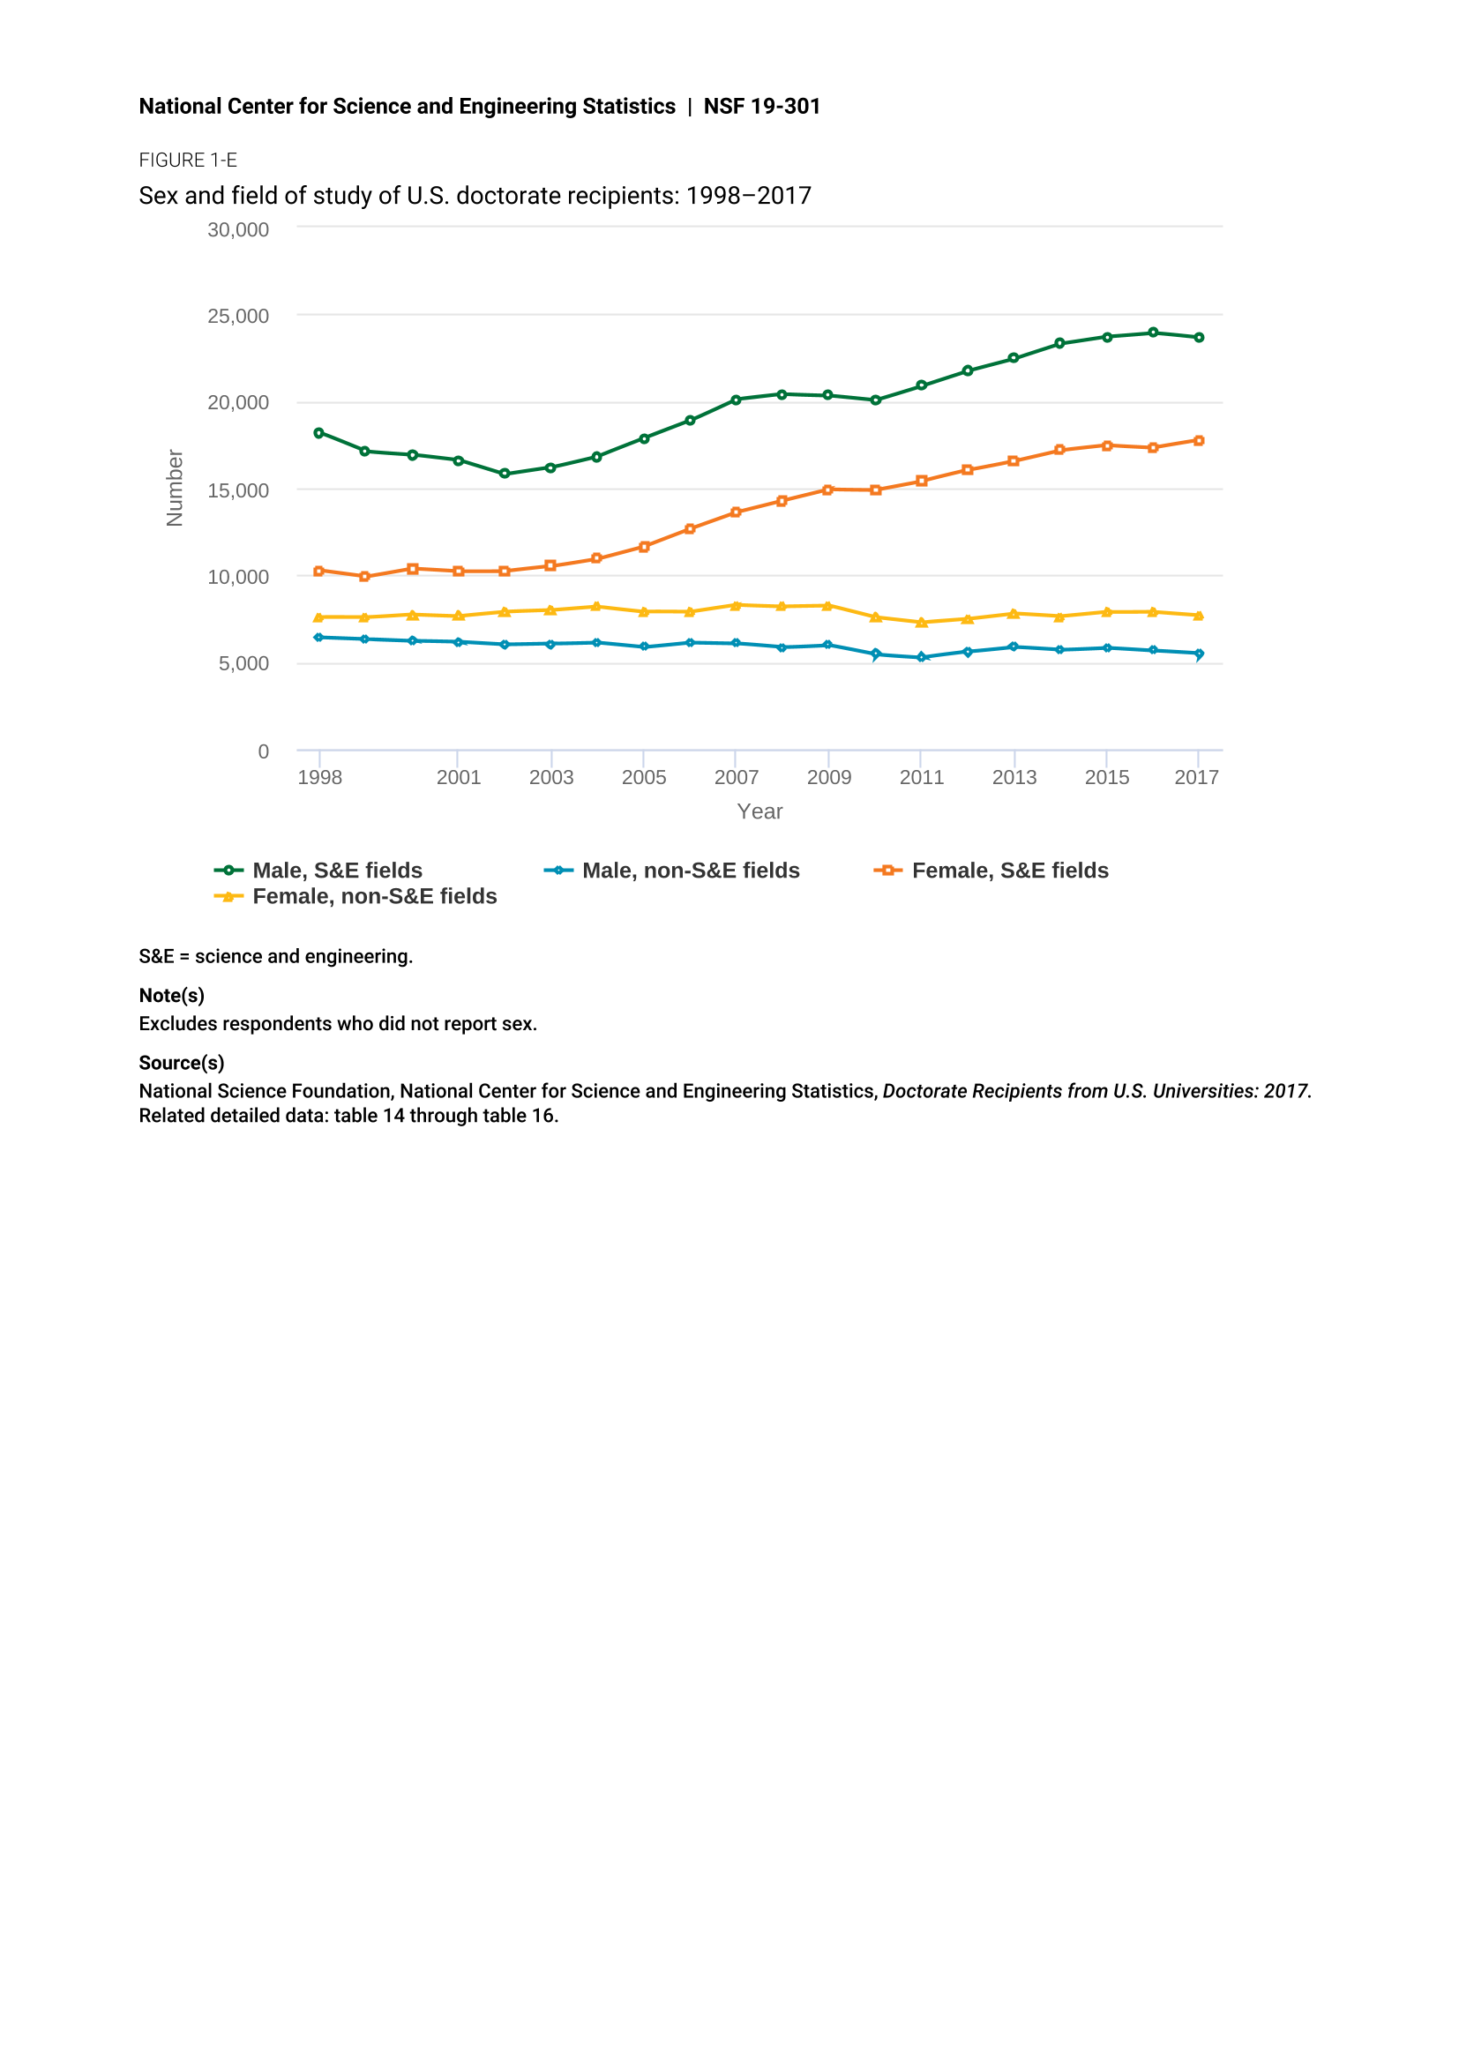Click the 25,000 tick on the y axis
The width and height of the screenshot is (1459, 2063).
point(238,317)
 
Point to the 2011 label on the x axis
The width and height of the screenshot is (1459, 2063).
point(922,777)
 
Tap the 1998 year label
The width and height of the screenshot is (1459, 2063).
point(320,777)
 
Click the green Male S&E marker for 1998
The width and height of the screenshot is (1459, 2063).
point(319,433)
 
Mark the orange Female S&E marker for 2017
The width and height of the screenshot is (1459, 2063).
point(1199,441)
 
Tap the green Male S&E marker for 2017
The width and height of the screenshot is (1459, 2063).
point(1199,338)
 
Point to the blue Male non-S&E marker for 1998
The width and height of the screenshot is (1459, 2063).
point(319,638)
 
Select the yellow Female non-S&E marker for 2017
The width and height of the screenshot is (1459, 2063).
point(1199,616)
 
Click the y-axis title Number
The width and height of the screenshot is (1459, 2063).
point(176,488)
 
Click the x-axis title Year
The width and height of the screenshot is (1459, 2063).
point(759,811)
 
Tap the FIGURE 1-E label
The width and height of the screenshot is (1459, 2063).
point(188,160)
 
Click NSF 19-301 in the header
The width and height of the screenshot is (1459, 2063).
point(762,106)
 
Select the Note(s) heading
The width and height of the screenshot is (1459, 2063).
point(172,996)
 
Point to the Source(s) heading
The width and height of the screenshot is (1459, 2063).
point(182,1063)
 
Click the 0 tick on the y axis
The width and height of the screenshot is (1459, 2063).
point(263,751)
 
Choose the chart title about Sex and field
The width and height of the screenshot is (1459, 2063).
point(475,196)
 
